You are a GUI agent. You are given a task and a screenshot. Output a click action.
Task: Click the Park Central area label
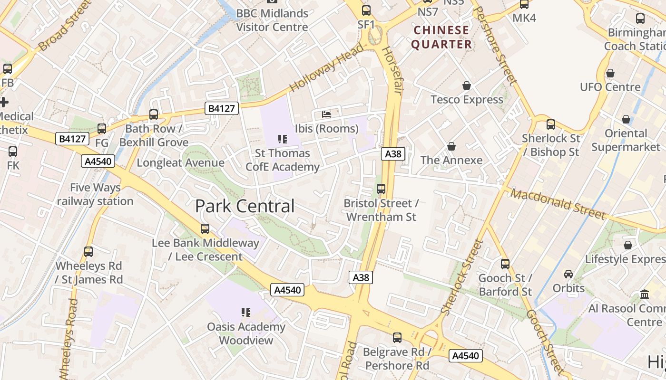tap(245, 206)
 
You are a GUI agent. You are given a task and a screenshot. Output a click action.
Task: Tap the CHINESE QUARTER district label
tap(441, 38)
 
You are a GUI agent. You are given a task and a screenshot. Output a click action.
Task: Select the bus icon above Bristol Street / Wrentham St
tap(381, 189)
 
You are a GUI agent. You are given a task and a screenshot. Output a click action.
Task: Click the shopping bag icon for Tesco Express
tap(467, 85)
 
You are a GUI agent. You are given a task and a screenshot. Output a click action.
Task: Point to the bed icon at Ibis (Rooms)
tap(326, 114)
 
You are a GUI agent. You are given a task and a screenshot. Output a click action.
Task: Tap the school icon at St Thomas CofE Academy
tap(283, 139)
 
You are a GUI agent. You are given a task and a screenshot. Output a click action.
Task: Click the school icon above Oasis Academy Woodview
tap(246, 313)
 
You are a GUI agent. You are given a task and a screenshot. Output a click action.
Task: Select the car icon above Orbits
tap(568, 274)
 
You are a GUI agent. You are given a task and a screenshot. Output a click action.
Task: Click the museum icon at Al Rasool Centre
tap(645, 294)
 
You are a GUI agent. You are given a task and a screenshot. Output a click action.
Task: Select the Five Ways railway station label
tap(95, 194)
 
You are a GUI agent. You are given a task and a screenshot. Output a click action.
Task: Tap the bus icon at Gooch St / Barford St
tap(505, 264)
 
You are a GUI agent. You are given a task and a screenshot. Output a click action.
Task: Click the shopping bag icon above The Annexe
tap(451, 146)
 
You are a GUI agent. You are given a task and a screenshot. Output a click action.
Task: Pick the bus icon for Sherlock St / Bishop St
tap(551, 124)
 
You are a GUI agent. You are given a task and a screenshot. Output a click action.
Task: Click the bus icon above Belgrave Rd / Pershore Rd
tap(397, 338)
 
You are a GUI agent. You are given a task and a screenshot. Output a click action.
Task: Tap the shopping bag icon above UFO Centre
tap(610, 74)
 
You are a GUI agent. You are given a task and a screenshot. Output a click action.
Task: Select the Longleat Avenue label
tap(180, 163)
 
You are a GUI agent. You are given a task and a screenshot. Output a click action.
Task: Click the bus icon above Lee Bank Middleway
tap(205, 229)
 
